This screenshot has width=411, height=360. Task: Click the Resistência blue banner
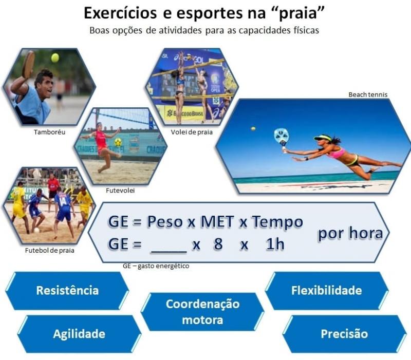[67, 291]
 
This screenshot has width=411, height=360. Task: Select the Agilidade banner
[79, 334]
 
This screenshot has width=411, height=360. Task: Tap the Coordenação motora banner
[202, 312]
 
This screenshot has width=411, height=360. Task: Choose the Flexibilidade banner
[327, 291]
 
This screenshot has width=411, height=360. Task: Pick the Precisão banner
[344, 334]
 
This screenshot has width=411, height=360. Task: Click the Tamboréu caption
[49, 132]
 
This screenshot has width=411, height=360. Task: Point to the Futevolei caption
[120, 191]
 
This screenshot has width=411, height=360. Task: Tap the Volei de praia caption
[192, 132]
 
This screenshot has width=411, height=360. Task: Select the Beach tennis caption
[368, 94]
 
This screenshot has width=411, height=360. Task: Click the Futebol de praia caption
[49, 251]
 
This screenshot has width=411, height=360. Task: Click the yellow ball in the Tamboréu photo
[55, 58]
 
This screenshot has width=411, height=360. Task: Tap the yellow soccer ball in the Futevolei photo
[118, 142]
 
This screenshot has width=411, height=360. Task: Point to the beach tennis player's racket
[282, 137]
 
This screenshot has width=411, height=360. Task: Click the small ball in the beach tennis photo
[253, 129]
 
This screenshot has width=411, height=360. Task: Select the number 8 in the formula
[218, 244]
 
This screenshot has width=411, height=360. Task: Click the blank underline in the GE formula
[169, 253]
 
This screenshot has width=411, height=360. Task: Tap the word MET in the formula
[217, 222]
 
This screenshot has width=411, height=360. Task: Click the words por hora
[350, 234]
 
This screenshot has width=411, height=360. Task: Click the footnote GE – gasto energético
[156, 266]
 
